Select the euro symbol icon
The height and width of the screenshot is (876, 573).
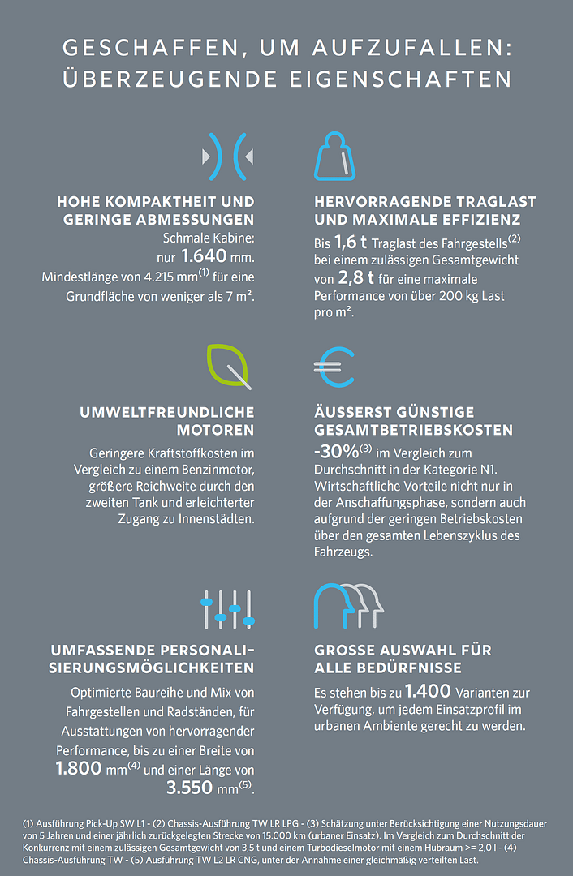(x=334, y=366)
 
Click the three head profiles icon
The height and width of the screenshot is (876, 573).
(x=348, y=606)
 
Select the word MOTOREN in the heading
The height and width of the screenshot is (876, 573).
(x=215, y=429)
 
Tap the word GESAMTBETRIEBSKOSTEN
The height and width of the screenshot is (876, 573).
(x=413, y=429)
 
